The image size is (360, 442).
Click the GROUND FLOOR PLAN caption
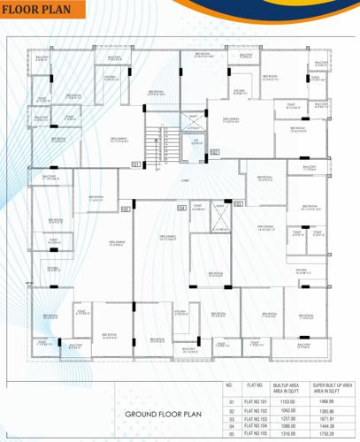point(165,414)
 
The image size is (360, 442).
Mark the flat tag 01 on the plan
point(135,164)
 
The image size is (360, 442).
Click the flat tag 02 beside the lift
point(213,152)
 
